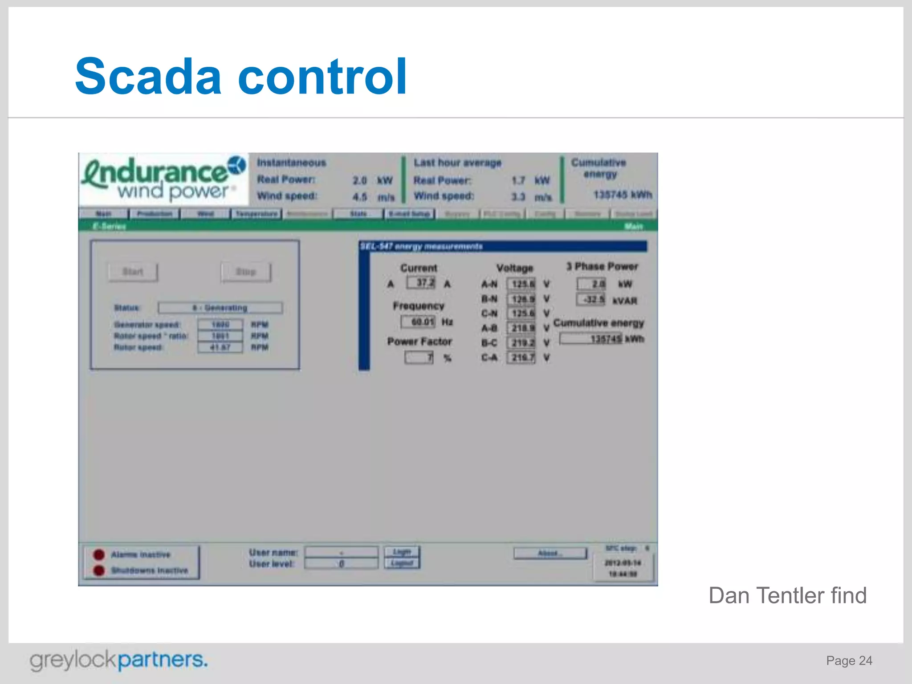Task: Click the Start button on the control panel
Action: pyautogui.click(x=133, y=272)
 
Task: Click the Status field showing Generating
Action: pyautogui.click(x=220, y=308)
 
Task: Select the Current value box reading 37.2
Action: pyautogui.click(x=421, y=283)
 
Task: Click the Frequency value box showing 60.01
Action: pyautogui.click(x=418, y=322)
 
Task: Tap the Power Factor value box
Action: pyautogui.click(x=419, y=358)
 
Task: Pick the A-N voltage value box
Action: pyautogui.click(x=521, y=284)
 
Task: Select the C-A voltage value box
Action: pyautogui.click(x=521, y=358)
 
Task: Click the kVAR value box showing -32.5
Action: pyautogui.click(x=591, y=299)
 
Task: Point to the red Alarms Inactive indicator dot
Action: pyautogui.click(x=99, y=554)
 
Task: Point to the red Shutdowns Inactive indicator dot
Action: pyautogui.click(x=99, y=570)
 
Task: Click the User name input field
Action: pyautogui.click(x=341, y=552)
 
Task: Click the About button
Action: pyautogui.click(x=550, y=553)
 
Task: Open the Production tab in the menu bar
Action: pyautogui.click(x=154, y=214)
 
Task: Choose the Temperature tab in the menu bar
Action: pyautogui.click(x=256, y=214)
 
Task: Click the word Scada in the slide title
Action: pyautogui.click(x=148, y=77)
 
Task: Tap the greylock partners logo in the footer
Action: pyautogui.click(x=118, y=660)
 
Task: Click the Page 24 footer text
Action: pyautogui.click(x=849, y=660)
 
